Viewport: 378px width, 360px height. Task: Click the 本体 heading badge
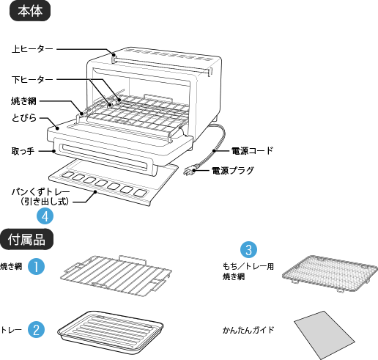[30, 11]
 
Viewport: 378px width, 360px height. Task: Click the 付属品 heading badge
[26, 239]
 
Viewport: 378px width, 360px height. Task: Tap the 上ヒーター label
[32, 49]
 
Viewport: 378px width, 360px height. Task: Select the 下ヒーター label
[32, 80]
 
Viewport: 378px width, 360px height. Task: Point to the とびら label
[24, 118]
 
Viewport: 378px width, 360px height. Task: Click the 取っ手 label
[23, 151]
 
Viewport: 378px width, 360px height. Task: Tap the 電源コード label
[252, 151]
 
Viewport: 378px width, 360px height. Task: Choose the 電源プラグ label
[233, 170]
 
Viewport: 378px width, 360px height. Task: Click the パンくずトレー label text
[40, 192]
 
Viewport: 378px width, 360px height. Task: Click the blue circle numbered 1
[36, 266]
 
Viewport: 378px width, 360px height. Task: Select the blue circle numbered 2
[36, 329]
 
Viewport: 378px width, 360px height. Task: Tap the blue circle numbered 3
[248, 250]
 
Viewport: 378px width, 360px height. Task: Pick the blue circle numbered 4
[45, 216]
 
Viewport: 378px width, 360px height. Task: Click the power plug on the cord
[189, 171]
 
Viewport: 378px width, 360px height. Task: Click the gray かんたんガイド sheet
[325, 335]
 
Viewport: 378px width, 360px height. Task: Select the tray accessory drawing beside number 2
[111, 332]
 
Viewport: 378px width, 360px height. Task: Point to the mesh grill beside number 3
[330, 273]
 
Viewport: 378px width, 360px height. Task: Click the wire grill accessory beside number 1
[116, 275]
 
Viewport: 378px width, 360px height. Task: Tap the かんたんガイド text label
[248, 330]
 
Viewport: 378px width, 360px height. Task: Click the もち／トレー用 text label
[248, 266]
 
